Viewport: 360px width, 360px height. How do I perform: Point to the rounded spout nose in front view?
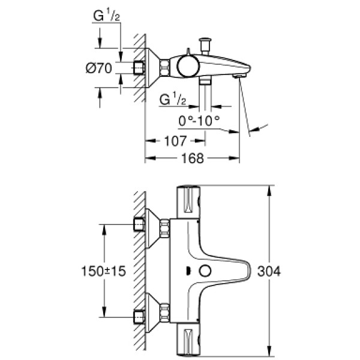click(247, 271)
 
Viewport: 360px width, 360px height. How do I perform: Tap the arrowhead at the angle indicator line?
click(254, 128)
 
